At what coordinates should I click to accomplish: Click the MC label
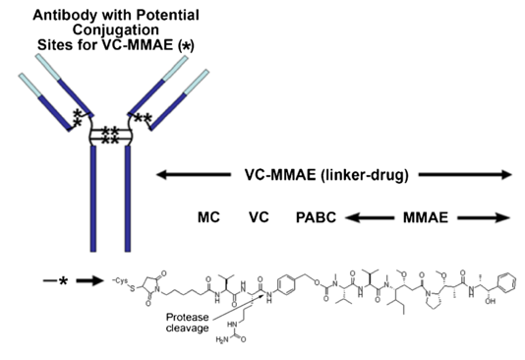click(x=209, y=218)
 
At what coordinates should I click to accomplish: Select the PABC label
click(x=317, y=218)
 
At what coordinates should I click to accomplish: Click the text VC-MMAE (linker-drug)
click(x=331, y=174)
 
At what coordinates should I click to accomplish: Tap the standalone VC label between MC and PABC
click(x=259, y=218)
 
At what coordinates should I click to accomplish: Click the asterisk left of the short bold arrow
click(x=62, y=282)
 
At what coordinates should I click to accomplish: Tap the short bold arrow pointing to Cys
click(x=95, y=281)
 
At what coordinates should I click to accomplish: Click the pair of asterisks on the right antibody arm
click(x=145, y=119)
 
